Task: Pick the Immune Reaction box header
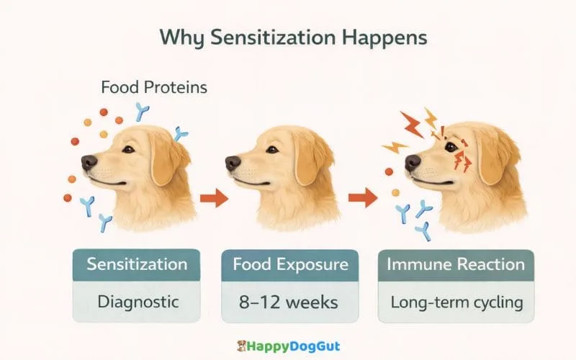point(456,264)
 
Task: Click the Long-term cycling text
point(456,301)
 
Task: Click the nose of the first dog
point(89,162)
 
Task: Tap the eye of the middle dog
point(272,149)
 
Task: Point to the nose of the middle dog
point(233,163)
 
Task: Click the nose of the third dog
point(412,162)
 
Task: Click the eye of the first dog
point(127,149)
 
